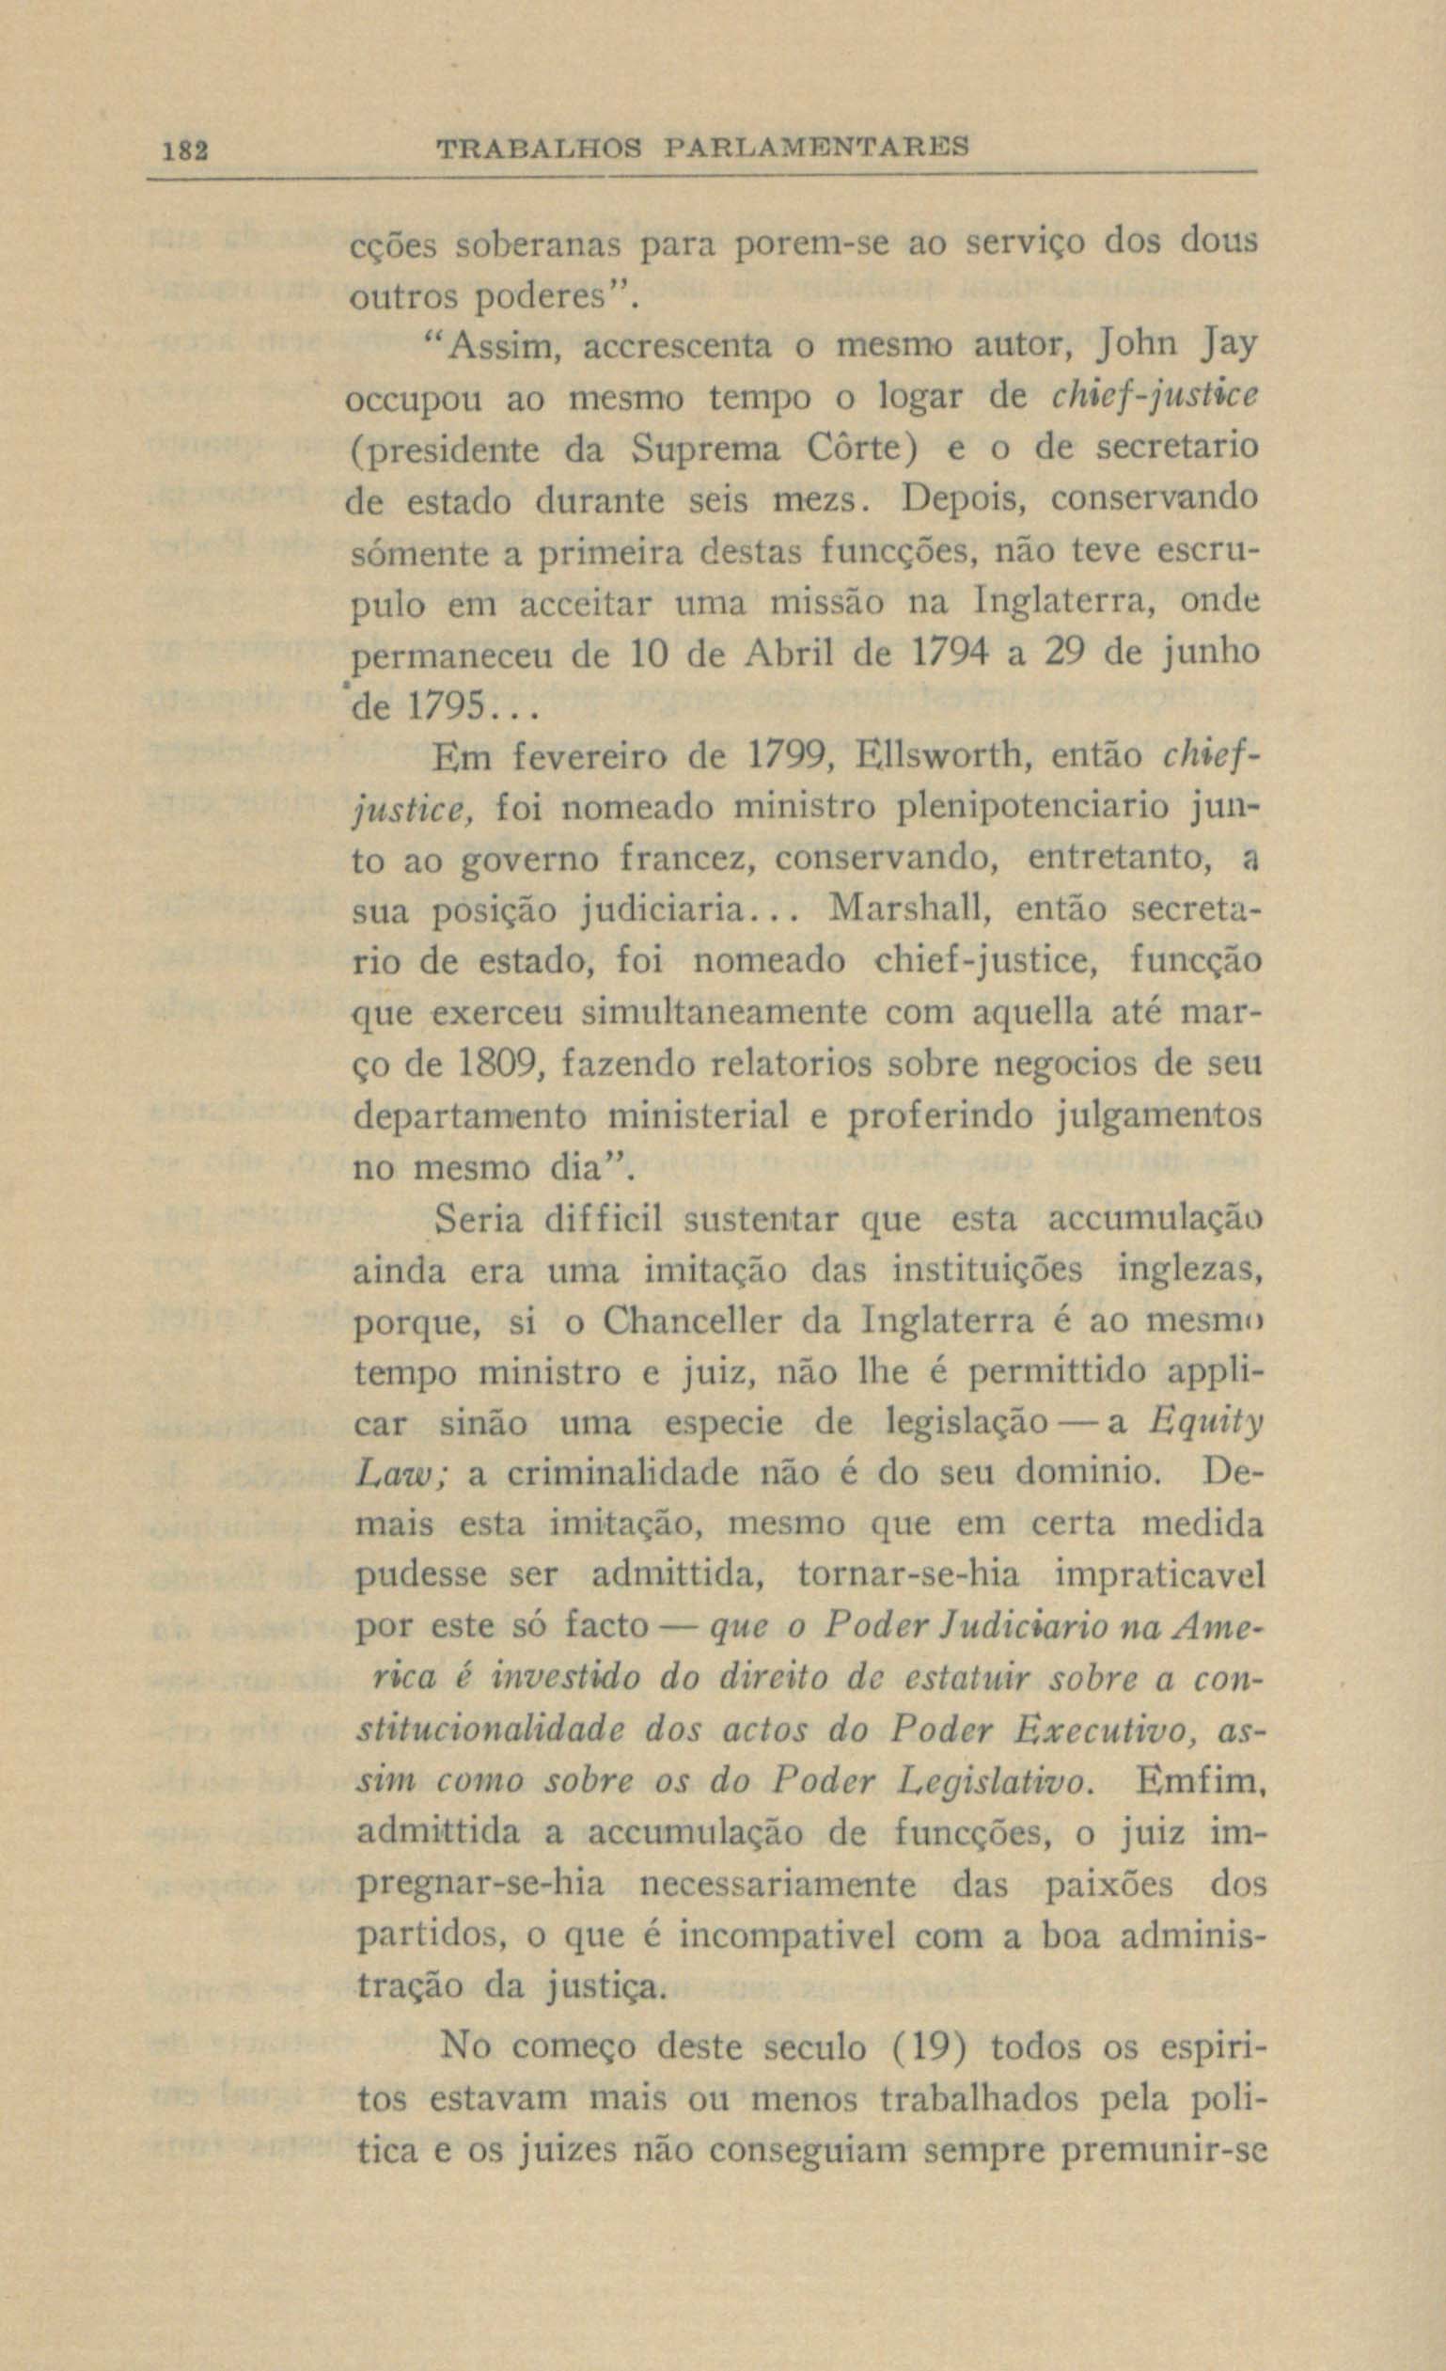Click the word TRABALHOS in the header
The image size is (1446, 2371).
(540, 150)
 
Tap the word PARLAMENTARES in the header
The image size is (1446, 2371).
(817, 149)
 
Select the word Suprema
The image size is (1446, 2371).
(706, 449)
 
